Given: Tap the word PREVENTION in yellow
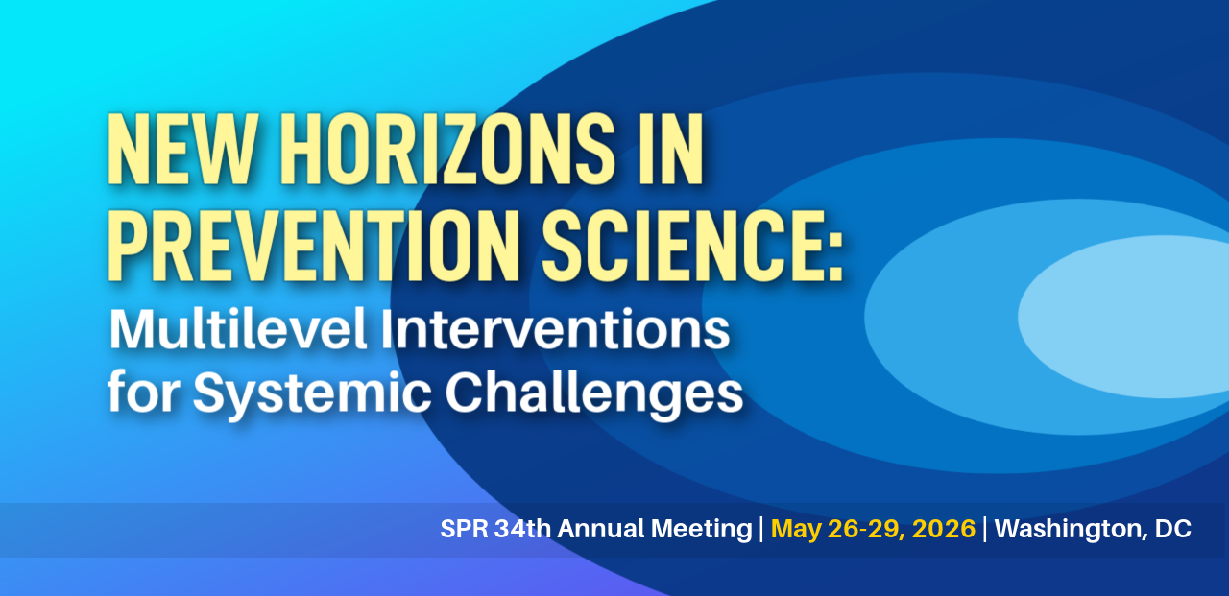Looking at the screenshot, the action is (x=314, y=247).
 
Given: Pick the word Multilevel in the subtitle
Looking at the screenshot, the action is (x=237, y=329).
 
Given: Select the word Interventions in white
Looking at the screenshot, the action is (x=555, y=329).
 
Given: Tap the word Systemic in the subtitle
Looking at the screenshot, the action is (x=312, y=393).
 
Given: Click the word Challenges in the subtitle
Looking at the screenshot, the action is (x=594, y=393).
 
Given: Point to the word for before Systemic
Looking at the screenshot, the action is (x=144, y=392).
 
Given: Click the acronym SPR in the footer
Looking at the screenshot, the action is (x=464, y=529).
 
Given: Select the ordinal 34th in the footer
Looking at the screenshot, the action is (x=523, y=529).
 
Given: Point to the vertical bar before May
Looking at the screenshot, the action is (x=761, y=529).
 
